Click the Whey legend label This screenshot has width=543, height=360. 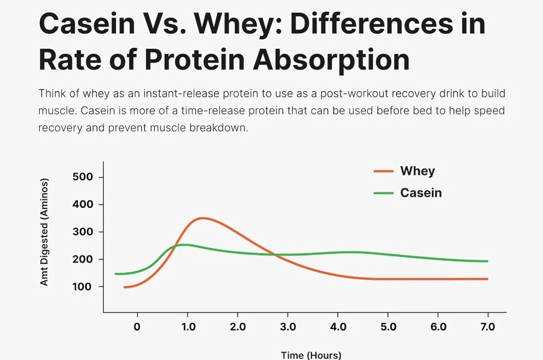pyautogui.click(x=417, y=171)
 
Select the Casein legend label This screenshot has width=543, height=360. pyautogui.click(x=421, y=193)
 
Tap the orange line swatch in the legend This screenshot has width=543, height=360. pyautogui.click(x=383, y=171)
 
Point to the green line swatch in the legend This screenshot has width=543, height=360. pyautogui.click(x=383, y=193)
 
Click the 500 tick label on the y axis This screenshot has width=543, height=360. pyautogui.click(x=82, y=177)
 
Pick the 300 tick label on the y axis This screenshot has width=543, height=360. pyautogui.click(x=82, y=232)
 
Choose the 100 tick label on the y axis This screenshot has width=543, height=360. pyautogui.click(x=82, y=287)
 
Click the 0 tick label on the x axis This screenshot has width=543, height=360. pyautogui.click(x=137, y=327)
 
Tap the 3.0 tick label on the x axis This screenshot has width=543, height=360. pyautogui.click(x=287, y=327)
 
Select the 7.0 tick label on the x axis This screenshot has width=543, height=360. pyautogui.click(x=487, y=327)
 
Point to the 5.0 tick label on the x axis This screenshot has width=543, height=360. pyautogui.click(x=388, y=327)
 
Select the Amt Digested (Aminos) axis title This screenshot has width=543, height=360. pyautogui.click(x=45, y=232)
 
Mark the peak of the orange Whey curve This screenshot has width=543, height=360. pyautogui.click(x=202, y=218)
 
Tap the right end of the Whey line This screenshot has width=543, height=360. pyautogui.click(x=487, y=279)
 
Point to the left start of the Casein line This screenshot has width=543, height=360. pyautogui.click(x=116, y=274)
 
